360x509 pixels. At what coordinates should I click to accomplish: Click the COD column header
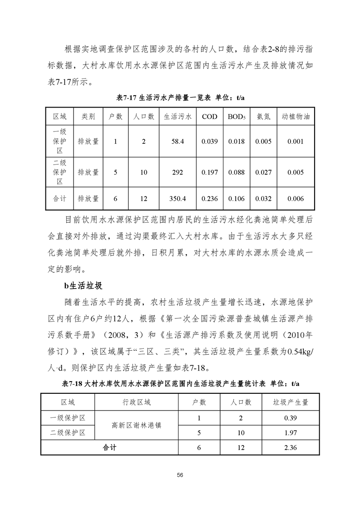pyautogui.click(x=209, y=116)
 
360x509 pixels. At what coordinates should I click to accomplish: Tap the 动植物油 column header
pyautogui.click(x=296, y=116)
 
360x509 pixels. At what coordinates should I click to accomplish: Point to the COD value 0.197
pyautogui.click(x=209, y=172)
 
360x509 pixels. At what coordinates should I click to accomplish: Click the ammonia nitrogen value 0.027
pyautogui.click(x=263, y=172)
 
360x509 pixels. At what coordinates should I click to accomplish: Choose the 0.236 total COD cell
pyautogui.click(x=209, y=198)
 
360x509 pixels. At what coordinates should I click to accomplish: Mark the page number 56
pyautogui.click(x=180, y=475)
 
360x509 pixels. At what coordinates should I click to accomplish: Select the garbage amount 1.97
pyautogui.click(x=290, y=433)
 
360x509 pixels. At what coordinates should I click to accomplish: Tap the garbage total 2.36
pyautogui.click(x=290, y=447)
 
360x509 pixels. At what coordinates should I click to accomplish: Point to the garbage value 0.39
pyautogui.click(x=290, y=417)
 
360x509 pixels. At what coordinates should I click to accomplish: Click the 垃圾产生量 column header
pyautogui.click(x=290, y=402)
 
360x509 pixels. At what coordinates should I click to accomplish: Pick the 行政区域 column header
pyautogui.click(x=136, y=402)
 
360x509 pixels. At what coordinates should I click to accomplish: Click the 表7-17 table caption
pyautogui.click(x=180, y=98)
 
